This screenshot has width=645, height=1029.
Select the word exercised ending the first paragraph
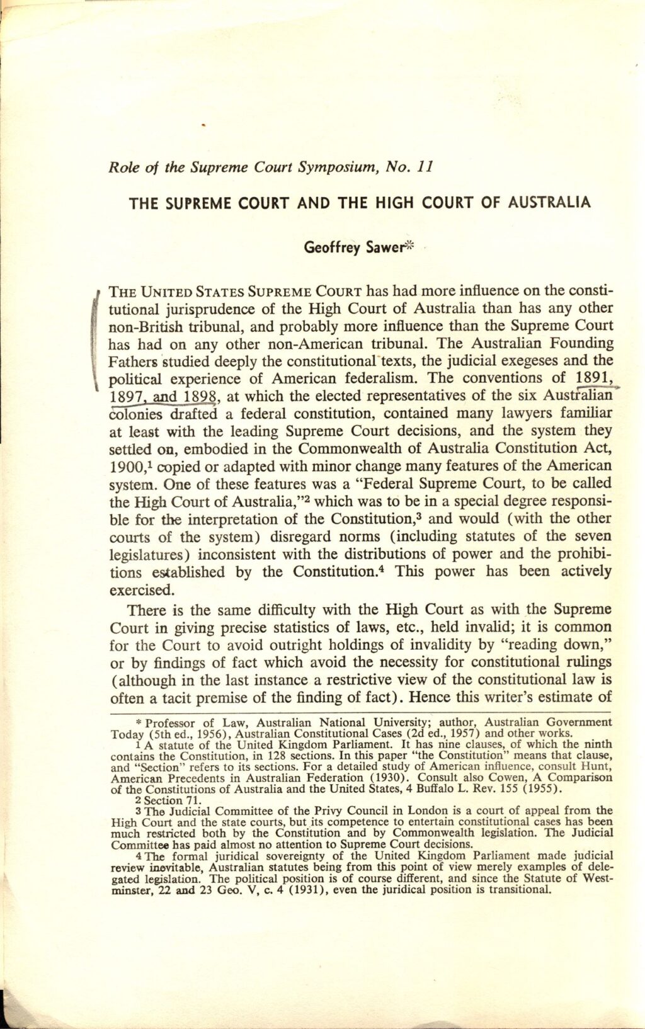[139, 590]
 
